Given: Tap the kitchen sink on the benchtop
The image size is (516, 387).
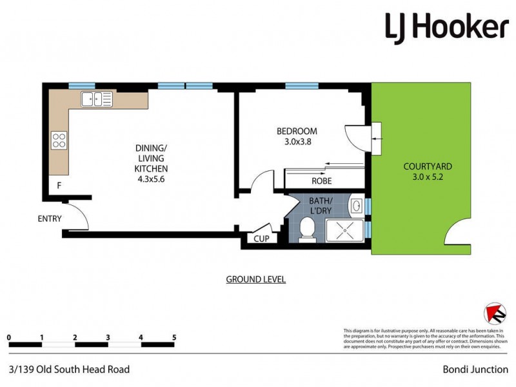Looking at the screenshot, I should coord(97,99).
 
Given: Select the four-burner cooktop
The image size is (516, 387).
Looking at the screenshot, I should coord(59,140).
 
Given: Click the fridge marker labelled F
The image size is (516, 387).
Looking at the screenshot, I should coord(59,186).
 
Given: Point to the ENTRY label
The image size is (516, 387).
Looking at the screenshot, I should coord(49,219).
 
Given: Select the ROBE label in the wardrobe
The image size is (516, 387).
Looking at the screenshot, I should coord(321,181).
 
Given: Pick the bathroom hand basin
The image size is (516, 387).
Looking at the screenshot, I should coord(356,206).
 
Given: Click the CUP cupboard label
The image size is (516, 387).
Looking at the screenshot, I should coord(262,239).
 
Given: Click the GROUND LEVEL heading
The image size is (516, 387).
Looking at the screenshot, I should coord(255,279).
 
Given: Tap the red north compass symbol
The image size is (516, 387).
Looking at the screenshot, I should coord(495,313).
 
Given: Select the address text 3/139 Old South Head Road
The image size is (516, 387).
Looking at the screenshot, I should coord(70,370).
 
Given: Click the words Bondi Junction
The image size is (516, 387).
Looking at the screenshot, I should coord(474,370).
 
